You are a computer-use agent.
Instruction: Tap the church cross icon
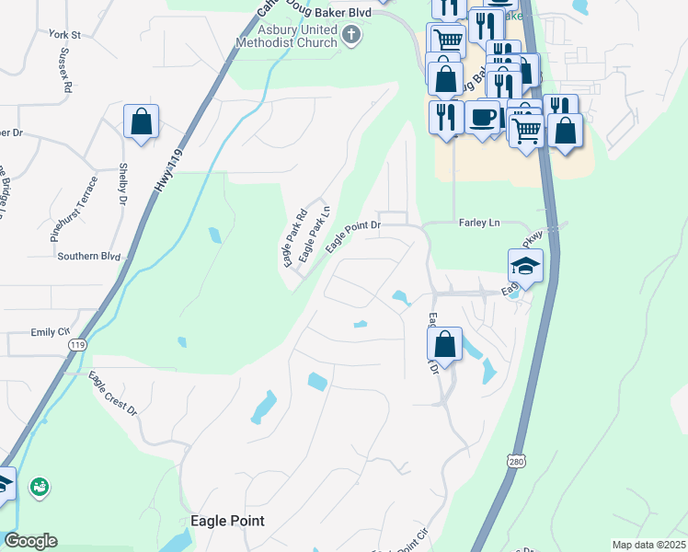coord(350,36)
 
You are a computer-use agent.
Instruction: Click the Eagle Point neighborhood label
coord(227,521)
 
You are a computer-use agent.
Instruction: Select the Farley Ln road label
coord(478,224)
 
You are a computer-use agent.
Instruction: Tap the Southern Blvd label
coord(89,256)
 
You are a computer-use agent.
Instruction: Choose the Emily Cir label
coord(51,331)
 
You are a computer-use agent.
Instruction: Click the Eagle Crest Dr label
coord(112,393)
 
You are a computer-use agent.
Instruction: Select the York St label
coord(66,35)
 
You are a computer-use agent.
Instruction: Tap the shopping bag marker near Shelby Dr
coord(141,121)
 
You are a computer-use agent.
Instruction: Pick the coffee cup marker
coord(484,118)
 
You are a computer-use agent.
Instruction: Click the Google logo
coord(30,541)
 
